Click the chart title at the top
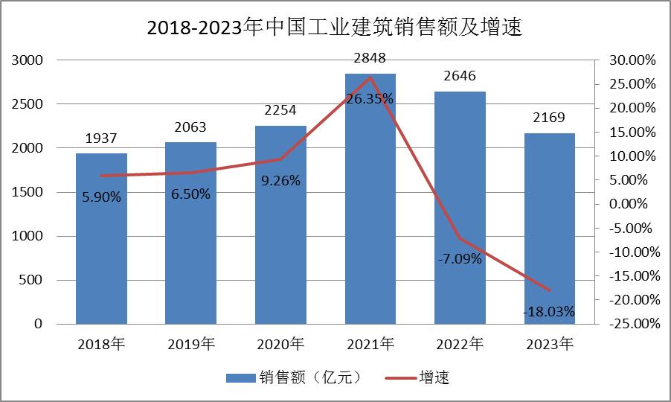pos(335,28)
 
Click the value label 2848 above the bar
pos(370,58)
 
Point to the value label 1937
pos(101,138)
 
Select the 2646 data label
pos(460,76)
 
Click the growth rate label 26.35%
pos(370,99)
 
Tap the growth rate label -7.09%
pos(460,259)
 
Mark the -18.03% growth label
pos(549,312)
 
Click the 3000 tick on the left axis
pos(28,60)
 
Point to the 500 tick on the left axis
pos(33,281)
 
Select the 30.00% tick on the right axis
pos(632,60)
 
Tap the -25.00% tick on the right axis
pos(632,324)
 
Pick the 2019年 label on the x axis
pos(190,344)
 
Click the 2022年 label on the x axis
pos(460,344)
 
